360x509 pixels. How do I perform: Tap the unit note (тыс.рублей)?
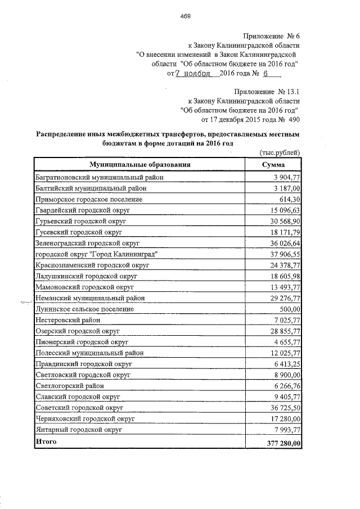[x=280, y=153]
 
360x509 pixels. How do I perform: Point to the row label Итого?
[x=46, y=442]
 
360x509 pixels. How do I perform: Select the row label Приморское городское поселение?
[x=89, y=199]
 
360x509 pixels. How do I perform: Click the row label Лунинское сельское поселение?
[x=84, y=309]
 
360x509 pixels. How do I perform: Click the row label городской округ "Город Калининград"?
[x=96, y=254]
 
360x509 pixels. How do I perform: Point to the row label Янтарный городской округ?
[x=79, y=430]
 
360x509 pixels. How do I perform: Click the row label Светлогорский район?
[x=69, y=386]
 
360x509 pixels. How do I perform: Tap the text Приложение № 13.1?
[x=268, y=91]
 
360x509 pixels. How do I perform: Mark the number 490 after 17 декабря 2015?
[x=294, y=119]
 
